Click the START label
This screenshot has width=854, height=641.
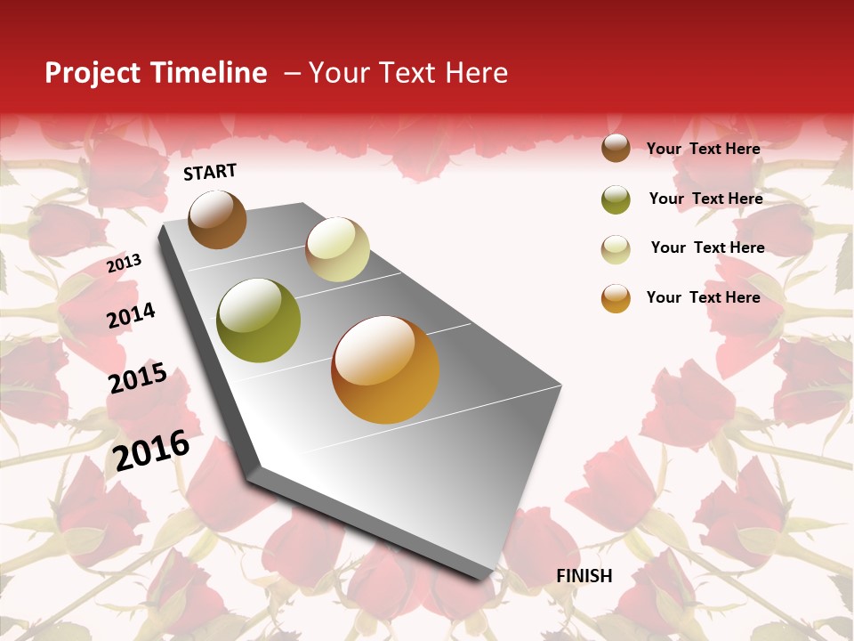coord(210,172)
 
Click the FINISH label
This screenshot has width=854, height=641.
coord(584,576)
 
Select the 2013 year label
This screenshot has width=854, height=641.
coord(125,263)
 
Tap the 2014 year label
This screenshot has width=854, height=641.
coord(131,315)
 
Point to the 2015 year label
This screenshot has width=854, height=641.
coord(138,378)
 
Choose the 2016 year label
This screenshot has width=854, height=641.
coord(151,450)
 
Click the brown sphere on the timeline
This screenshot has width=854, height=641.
coord(217,219)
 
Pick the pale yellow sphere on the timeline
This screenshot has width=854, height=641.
coord(337,249)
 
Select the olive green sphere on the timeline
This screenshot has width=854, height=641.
coord(258,320)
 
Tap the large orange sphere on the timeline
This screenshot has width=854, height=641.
coord(384,369)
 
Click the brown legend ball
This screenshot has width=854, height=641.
coord(616,149)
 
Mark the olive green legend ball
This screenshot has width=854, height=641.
coord(616,199)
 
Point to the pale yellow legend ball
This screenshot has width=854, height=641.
coord(616,249)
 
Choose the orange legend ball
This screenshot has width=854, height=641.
coord(616,298)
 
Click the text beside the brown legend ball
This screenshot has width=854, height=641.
coord(703,149)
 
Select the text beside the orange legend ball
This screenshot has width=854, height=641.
coord(703,297)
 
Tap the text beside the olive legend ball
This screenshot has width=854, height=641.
coord(705,199)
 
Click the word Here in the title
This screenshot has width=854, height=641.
coord(476,73)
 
